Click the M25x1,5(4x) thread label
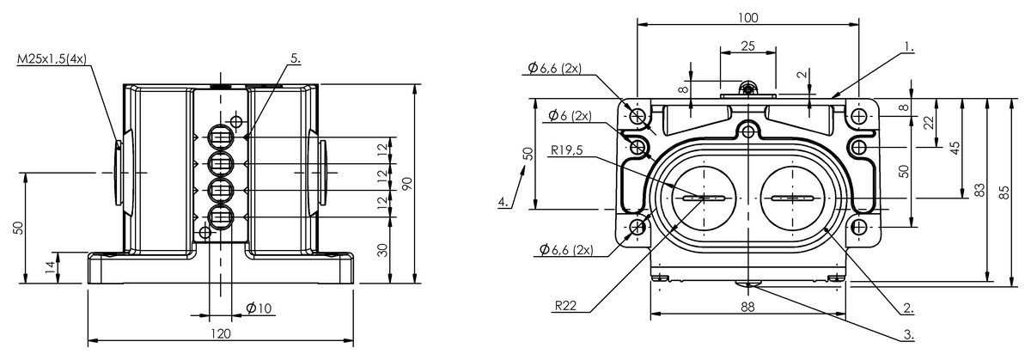(52, 59)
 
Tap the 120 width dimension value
(221, 333)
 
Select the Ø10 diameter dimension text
(259, 308)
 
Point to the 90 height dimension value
(407, 184)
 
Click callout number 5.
(296, 58)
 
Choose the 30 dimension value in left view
(382, 250)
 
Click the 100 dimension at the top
(748, 17)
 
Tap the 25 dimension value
(748, 46)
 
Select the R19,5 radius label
(566, 150)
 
